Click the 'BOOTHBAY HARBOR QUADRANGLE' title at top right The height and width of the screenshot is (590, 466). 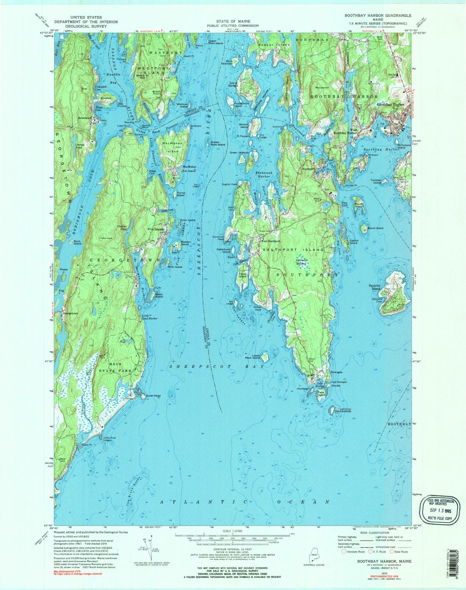pyautogui.click(x=378, y=15)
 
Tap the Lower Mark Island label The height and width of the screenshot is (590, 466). pyautogui.click(x=252, y=356)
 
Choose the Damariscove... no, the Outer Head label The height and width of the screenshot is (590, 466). pyautogui.click(x=153, y=395)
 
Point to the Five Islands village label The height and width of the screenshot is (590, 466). pyautogui.click(x=156, y=229)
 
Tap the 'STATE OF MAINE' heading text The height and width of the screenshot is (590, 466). pyautogui.click(x=233, y=21)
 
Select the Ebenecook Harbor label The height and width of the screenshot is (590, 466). pyautogui.click(x=264, y=175)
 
